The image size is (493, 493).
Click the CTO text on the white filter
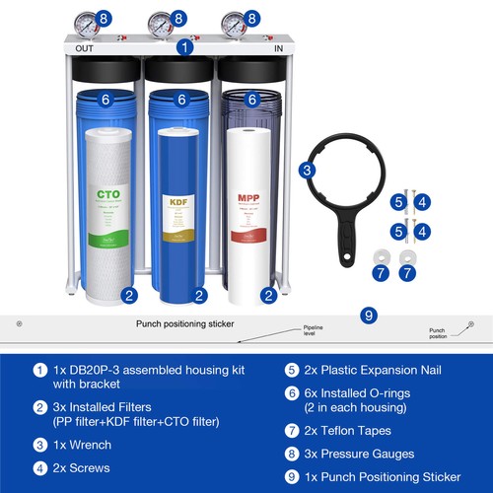tap(107, 194)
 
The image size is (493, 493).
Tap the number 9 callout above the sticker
tap(369, 316)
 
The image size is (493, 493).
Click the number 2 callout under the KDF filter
tap(199, 294)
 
